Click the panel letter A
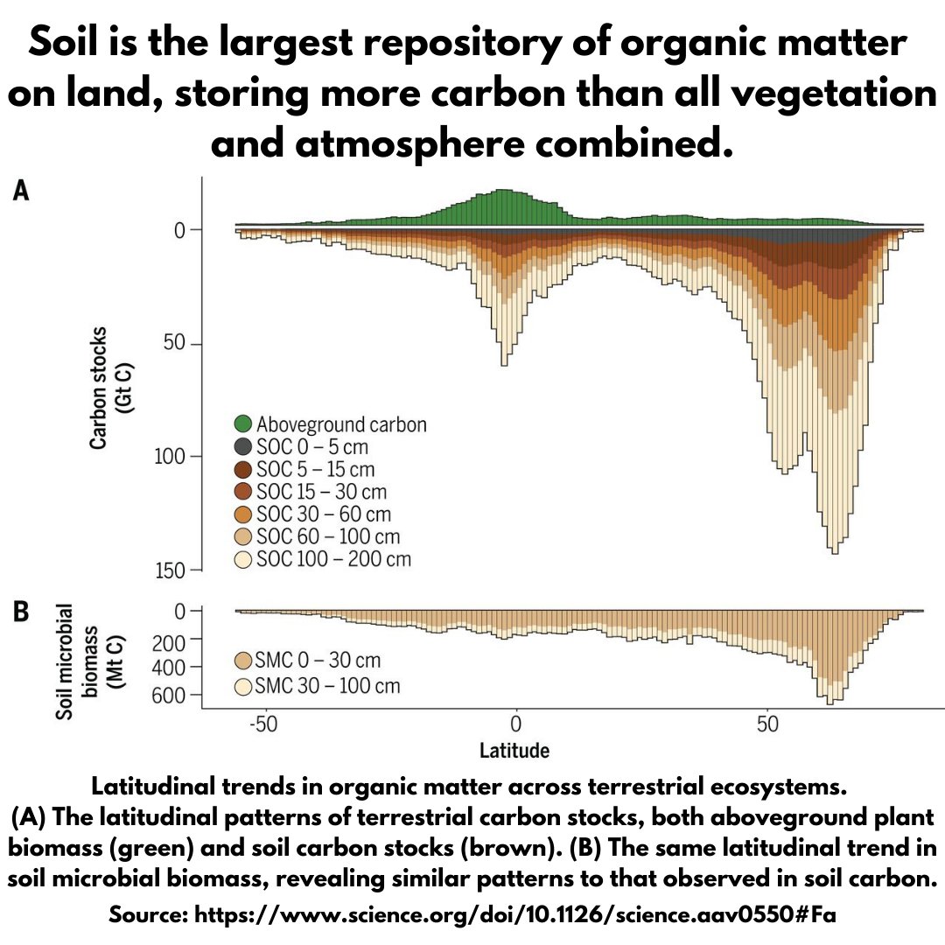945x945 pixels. [20, 192]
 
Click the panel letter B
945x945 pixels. [20, 612]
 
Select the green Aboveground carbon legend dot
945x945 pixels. [244, 424]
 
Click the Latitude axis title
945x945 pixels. [514, 750]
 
